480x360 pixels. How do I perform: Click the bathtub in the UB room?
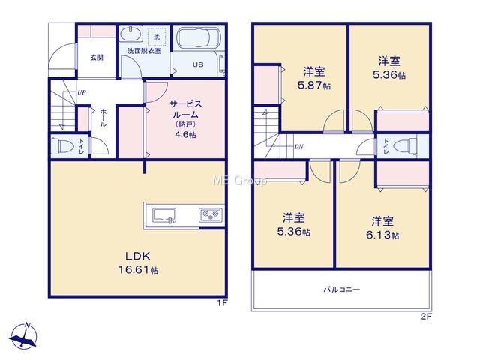[198, 38]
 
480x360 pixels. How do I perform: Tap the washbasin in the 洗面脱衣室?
[130, 34]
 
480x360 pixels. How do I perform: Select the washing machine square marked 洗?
[157, 37]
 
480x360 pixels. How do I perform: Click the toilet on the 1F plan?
[61, 145]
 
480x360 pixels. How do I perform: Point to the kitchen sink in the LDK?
[164, 215]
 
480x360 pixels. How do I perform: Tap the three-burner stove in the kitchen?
[211, 215]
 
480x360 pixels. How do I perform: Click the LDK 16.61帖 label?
[138, 262]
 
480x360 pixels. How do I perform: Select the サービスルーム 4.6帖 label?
[185, 118]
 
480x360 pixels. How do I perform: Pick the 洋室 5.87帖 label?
[314, 78]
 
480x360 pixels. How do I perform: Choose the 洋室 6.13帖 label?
[382, 228]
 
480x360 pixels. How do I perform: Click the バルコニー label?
[342, 289]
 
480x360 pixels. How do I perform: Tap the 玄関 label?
[97, 57]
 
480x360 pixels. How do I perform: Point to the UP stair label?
[82, 92]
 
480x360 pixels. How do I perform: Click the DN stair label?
[298, 147]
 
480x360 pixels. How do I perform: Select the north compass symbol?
[23, 335]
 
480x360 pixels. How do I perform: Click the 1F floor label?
[222, 303]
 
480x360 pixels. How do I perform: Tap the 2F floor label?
[426, 316]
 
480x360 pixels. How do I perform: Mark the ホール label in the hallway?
[103, 118]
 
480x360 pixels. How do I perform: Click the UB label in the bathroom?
[198, 64]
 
